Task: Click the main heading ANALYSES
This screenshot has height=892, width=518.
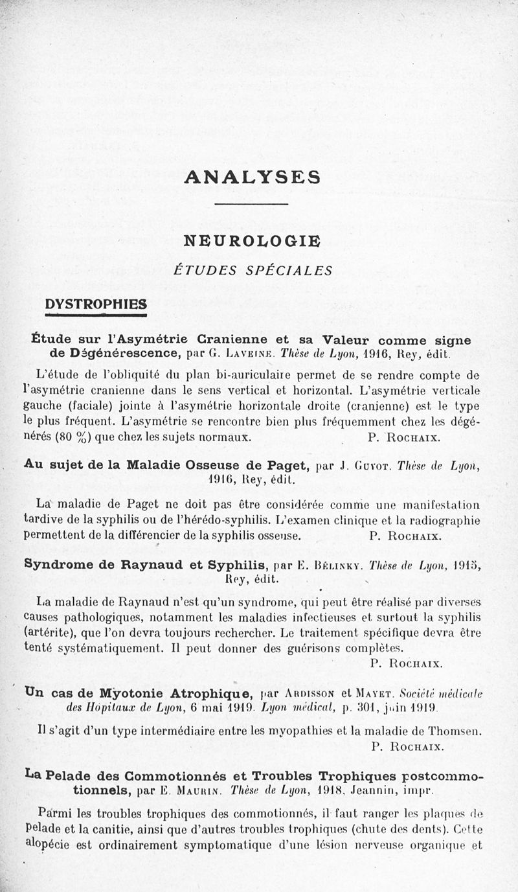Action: (253, 177)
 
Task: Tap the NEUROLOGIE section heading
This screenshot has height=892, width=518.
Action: (252, 241)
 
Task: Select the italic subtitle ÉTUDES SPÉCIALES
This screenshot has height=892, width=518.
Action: (253, 271)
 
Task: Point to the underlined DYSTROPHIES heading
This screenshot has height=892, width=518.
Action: (96, 304)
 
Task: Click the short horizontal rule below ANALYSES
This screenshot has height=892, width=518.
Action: (251, 205)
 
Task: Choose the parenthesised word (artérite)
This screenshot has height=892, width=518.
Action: (50, 628)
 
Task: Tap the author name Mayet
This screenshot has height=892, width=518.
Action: (372, 692)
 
